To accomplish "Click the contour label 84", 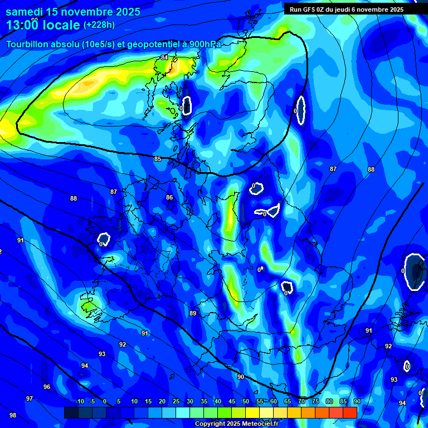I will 164,57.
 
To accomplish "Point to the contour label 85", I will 158,159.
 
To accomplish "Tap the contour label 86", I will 169,197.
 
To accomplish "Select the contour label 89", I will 193,313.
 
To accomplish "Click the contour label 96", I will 47,387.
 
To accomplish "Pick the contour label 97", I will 30,398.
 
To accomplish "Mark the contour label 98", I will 13,415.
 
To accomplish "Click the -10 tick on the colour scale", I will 79,401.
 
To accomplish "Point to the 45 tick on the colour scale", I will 232,401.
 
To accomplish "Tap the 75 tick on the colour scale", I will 315,401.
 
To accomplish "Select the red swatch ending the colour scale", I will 349,412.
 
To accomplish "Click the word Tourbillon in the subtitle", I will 26,44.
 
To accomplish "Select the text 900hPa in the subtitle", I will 203,44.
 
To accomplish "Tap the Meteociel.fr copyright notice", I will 236,424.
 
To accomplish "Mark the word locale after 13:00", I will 61,25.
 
